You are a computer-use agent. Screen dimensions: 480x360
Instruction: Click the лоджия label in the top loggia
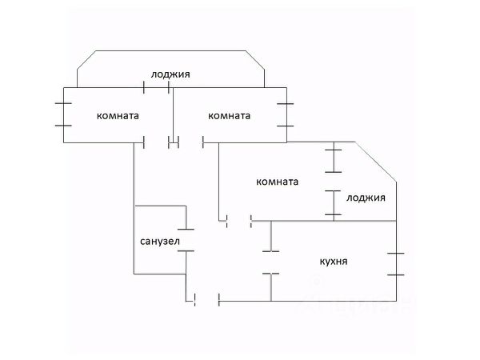(170, 74)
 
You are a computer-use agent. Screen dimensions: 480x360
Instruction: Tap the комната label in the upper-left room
(118, 116)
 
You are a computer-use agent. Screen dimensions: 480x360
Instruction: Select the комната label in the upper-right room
(230, 116)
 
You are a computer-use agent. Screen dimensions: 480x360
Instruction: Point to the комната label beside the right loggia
(278, 182)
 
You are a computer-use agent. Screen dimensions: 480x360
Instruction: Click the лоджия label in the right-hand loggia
(366, 198)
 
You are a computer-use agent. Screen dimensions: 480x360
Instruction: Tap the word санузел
(160, 242)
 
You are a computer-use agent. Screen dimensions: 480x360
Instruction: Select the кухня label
(334, 262)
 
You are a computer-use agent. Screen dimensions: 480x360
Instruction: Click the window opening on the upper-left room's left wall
(63, 114)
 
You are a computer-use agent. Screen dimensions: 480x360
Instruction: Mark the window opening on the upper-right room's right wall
(286, 114)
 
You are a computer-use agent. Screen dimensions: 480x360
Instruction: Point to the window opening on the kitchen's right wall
(396, 264)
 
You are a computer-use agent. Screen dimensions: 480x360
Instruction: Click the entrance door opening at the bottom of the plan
(207, 300)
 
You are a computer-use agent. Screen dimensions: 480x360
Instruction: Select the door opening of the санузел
(186, 240)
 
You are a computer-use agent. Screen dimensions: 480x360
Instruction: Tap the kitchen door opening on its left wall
(271, 262)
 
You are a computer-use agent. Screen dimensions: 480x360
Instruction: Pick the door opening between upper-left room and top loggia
(156, 87)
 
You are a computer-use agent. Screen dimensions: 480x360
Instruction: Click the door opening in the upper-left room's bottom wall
(157, 142)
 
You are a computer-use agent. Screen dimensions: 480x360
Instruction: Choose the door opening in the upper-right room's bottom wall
(190, 142)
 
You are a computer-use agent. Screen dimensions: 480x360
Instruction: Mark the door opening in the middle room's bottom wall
(239, 221)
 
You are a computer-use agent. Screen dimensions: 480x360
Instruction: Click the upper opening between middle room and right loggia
(334, 161)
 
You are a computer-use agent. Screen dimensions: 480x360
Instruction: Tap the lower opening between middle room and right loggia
(334, 202)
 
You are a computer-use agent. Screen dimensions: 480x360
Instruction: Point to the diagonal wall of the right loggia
(376, 162)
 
